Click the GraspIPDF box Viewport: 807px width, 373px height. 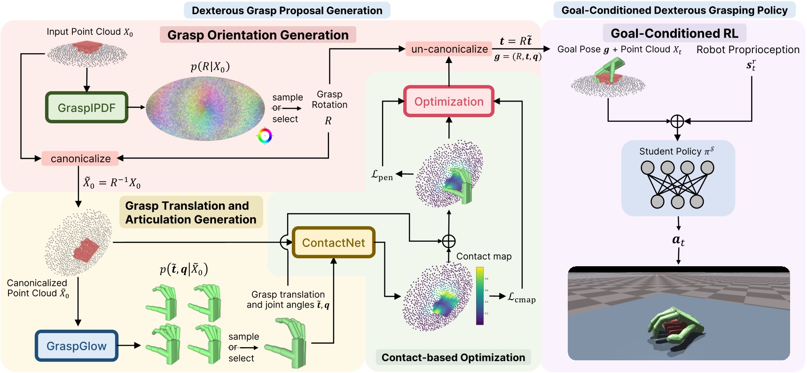point(86,108)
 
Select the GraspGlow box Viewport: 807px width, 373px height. point(76,346)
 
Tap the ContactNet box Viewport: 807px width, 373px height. point(333,243)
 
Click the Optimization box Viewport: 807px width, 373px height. point(448,101)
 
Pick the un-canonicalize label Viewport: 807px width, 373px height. point(449,49)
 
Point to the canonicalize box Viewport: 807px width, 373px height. point(80,159)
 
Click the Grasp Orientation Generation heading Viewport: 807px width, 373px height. point(258,35)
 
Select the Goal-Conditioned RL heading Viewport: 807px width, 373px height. point(674,33)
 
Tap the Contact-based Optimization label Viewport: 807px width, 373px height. point(453,357)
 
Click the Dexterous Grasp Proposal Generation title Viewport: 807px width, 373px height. point(287,10)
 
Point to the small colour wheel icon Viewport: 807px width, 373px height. point(265,136)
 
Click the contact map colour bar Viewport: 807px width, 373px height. point(479,295)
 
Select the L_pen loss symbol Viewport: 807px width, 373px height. point(382,175)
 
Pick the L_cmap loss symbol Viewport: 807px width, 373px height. point(521,298)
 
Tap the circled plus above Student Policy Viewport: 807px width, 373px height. point(677,121)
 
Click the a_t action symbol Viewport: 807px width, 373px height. point(678,240)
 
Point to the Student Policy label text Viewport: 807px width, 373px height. point(676,151)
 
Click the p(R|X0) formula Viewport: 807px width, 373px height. point(210,67)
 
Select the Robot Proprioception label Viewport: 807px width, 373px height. point(747,50)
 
